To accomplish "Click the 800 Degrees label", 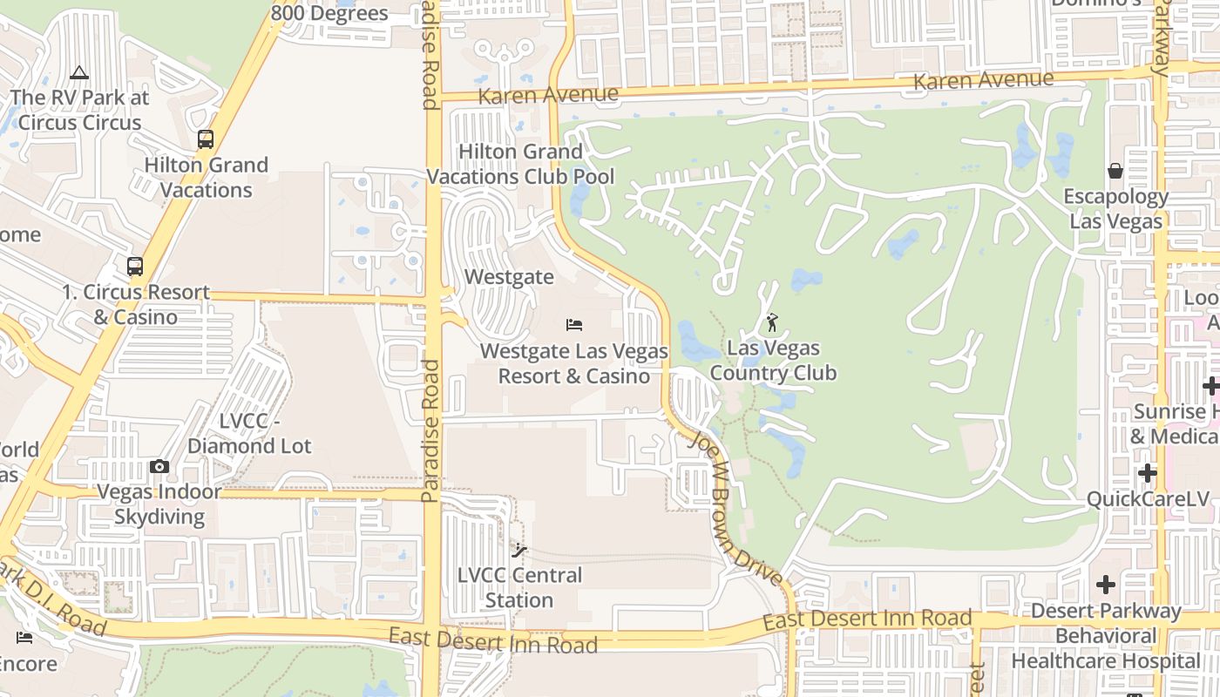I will click(329, 13).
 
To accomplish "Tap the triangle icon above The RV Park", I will click(79, 72).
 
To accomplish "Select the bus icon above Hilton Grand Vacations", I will click(206, 139).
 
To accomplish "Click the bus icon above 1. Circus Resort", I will click(135, 267).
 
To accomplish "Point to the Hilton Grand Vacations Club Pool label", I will click(520, 164).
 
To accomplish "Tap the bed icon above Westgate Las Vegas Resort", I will click(573, 325).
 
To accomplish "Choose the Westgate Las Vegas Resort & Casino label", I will click(574, 364).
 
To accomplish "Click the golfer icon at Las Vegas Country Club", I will click(772, 323).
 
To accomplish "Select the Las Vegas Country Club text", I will click(773, 361).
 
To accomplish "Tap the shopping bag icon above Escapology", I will click(1115, 171).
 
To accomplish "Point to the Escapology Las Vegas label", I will click(1116, 209).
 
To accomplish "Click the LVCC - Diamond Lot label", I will click(249, 434).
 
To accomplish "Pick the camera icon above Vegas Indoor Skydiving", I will click(159, 467).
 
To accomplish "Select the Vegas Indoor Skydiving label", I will click(159, 504).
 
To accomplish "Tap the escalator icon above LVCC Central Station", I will click(519, 551).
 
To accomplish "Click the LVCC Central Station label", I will click(520, 588).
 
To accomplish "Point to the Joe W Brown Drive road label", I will click(735, 509).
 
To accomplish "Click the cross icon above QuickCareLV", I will click(1148, 473).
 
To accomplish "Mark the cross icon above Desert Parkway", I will click(1106, 584).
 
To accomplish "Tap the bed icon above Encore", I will click(24, 638).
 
